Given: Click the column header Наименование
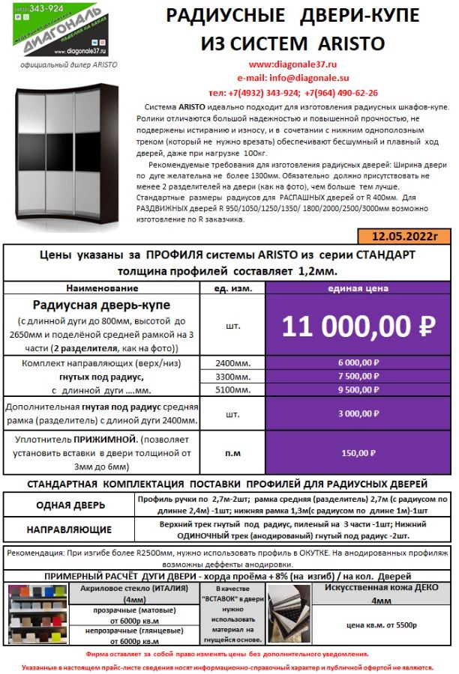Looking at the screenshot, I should point(102,288).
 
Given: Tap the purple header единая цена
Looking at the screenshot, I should point(358,288).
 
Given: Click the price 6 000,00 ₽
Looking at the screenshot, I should point(358,363).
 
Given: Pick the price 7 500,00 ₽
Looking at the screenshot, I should point(358,376).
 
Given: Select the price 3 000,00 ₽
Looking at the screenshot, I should point(358,413).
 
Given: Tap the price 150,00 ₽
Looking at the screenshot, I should point(358,453).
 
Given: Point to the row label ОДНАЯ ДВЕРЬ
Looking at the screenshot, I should point(70,505).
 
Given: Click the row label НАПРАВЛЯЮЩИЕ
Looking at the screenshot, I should point(70,529).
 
